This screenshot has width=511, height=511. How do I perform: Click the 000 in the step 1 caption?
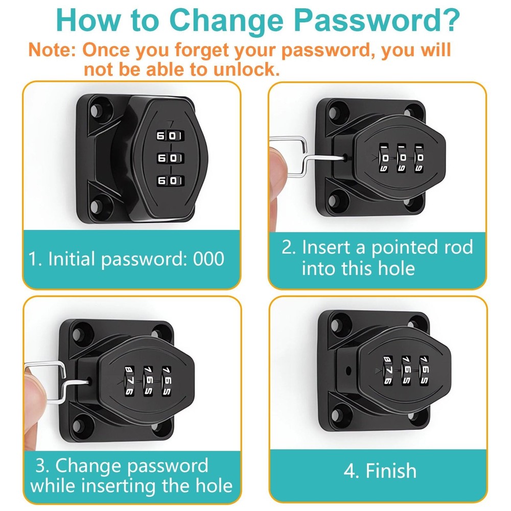coord(208,259)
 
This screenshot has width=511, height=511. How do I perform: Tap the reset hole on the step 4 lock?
coord(348,369)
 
